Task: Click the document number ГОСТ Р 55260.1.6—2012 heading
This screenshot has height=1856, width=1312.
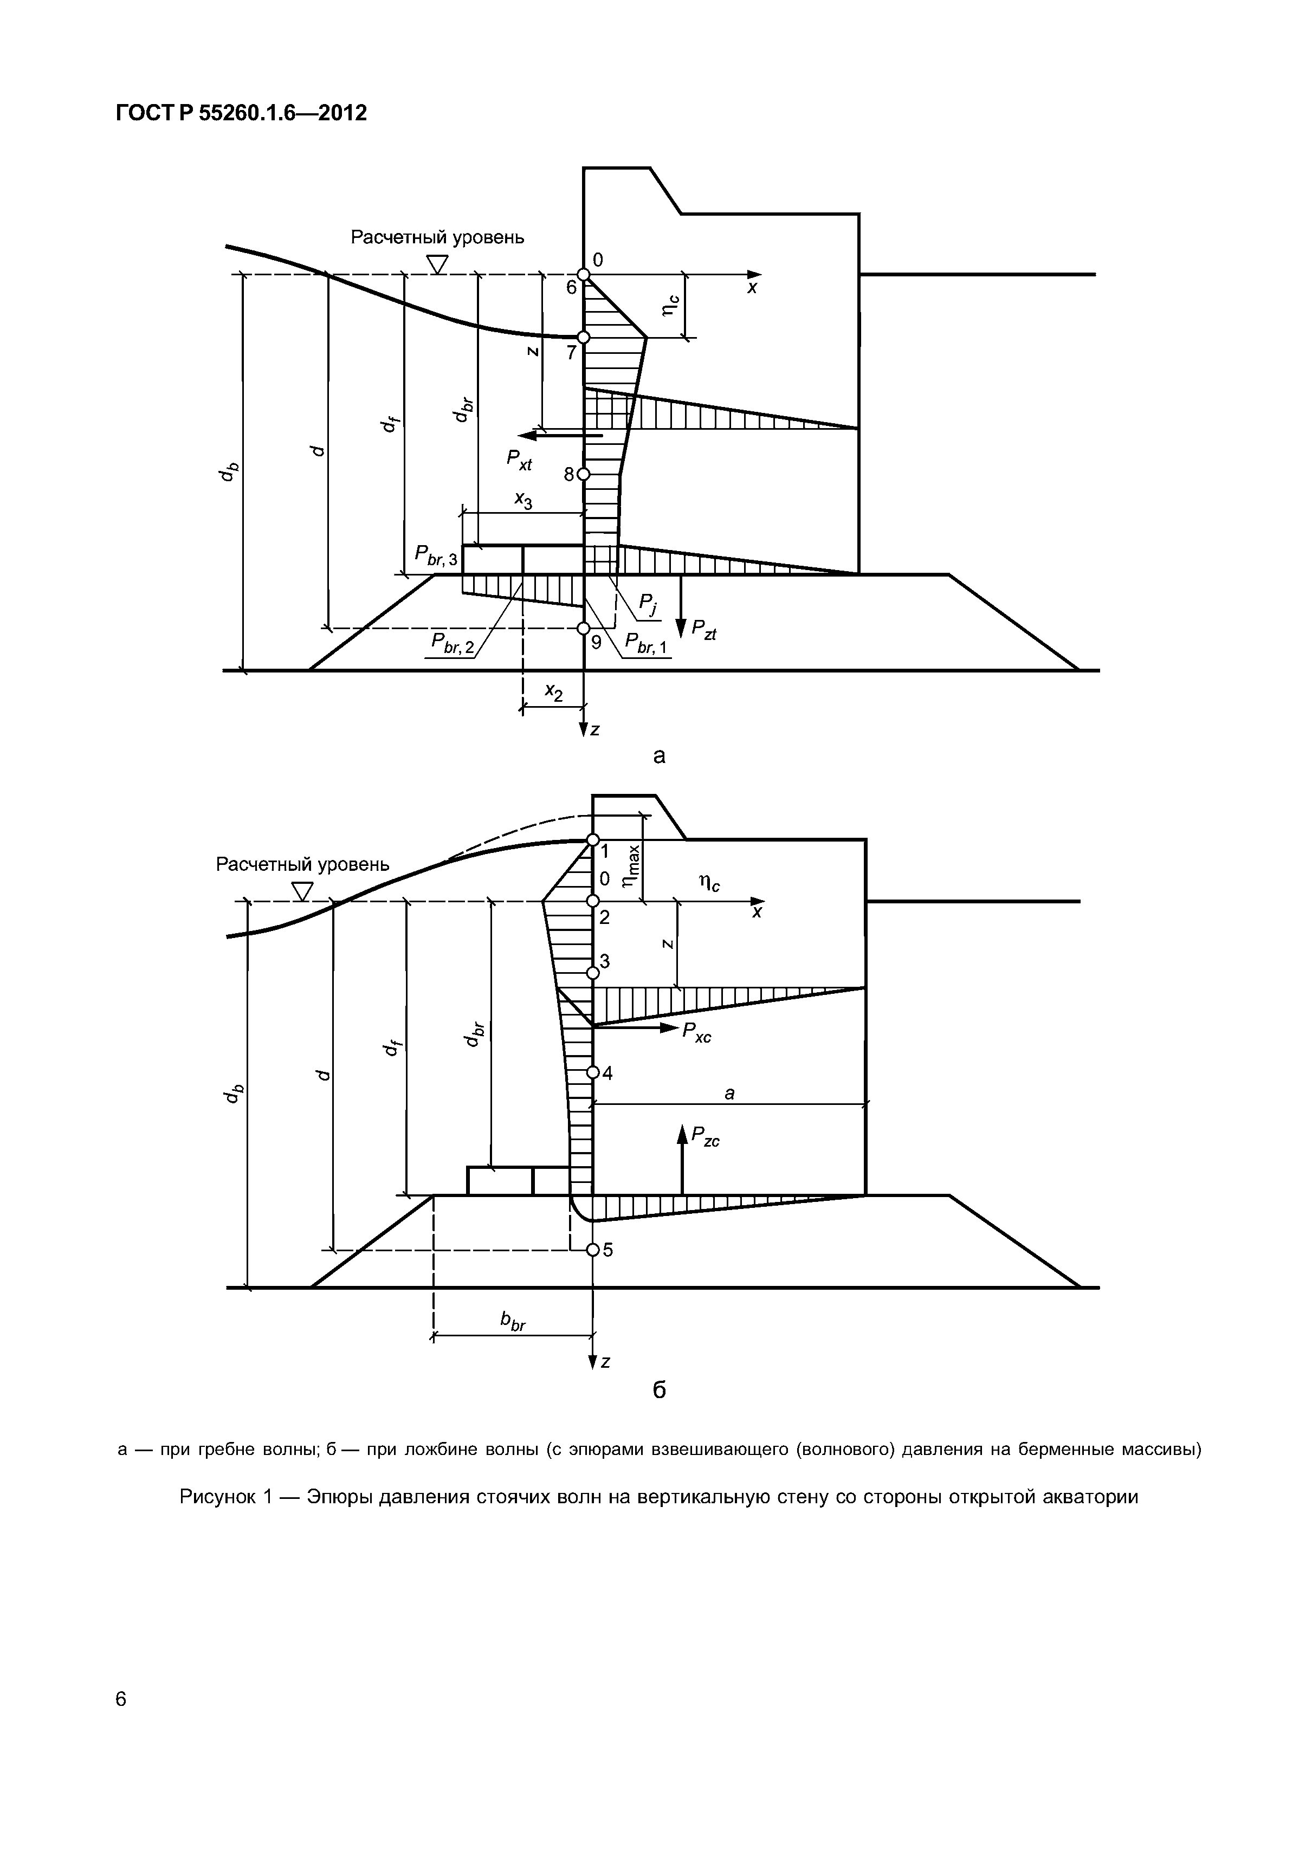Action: click(241, 113)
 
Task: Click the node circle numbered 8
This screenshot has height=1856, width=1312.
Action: click(584, 475)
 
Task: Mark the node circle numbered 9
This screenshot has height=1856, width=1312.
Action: click(584, 628)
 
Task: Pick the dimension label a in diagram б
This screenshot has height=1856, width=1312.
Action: click(729, 1093)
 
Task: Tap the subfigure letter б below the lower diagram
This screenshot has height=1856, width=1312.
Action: click(659, 1389)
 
